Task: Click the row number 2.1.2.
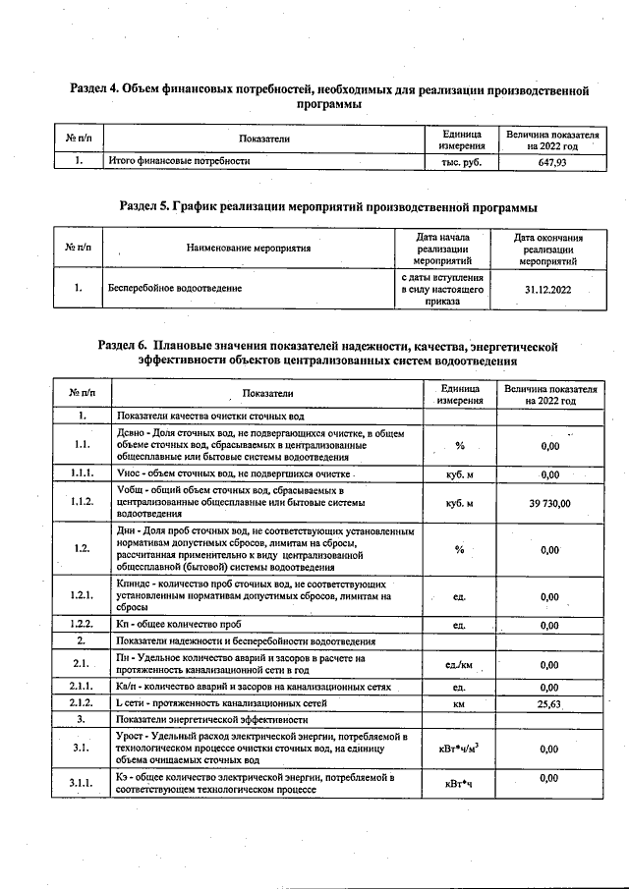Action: [x=82, y=704]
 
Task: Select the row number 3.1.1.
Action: [x=82, y=783]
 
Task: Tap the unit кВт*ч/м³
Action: [x=458, y=748]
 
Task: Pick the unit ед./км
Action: [x=458, y=664]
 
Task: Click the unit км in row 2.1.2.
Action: [x=458, y=704]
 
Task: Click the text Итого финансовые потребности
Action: [x=179, y=162]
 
